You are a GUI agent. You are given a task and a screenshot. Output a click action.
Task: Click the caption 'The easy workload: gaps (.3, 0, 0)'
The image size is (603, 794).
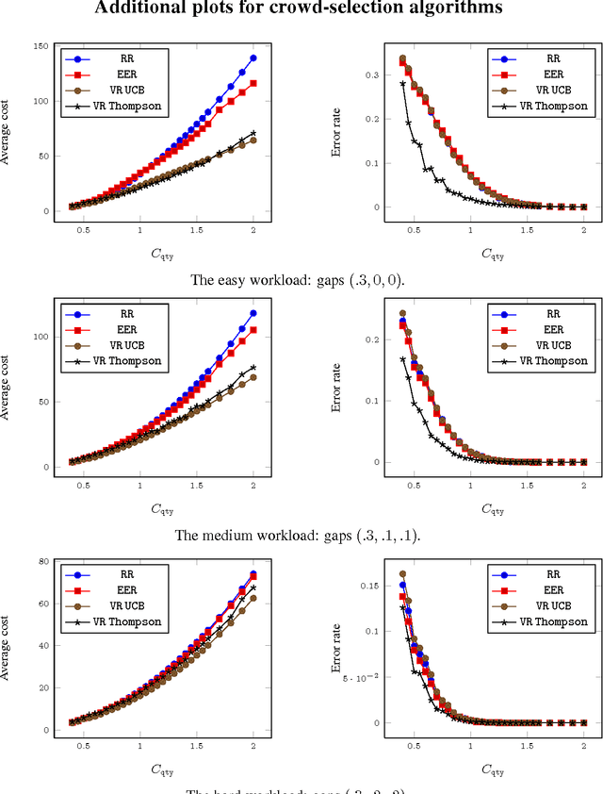(x=301, y=279)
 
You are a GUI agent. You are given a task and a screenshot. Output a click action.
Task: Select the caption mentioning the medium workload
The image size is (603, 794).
(x=301, y=535)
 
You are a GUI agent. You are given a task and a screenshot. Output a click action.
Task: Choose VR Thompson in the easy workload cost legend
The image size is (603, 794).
(x=130, y=105)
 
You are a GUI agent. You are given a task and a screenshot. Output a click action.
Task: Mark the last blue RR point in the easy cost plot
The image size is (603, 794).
(x=253, y=58)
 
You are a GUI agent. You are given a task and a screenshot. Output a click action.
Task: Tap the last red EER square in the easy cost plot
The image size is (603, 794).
(x=253, y=84)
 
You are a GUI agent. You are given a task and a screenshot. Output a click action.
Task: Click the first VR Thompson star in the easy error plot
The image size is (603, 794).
(x=402, y=83)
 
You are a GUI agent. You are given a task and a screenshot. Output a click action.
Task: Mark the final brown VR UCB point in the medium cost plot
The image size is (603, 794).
(x=253, y=378)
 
